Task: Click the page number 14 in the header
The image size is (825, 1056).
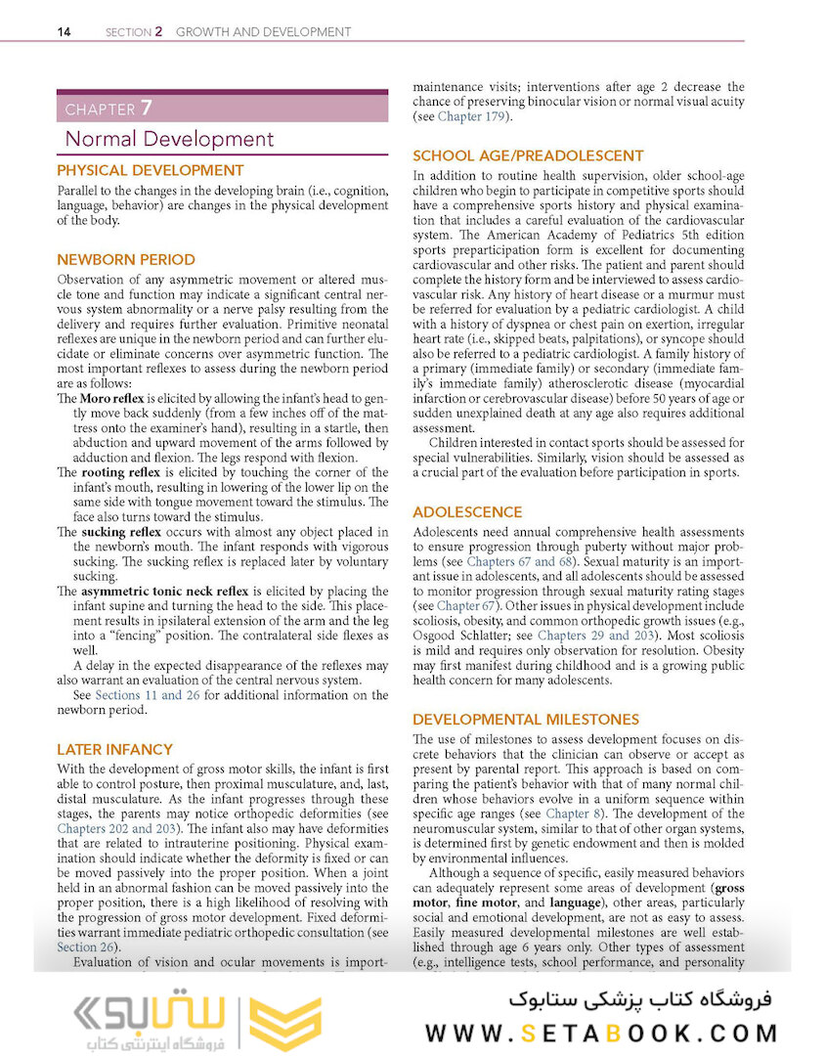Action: [x=64, y=31]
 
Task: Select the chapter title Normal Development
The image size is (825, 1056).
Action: [x=169, y=139]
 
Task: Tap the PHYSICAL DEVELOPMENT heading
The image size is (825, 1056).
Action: [x=150, y=170]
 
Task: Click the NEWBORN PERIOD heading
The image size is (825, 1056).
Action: [x=126, y=260]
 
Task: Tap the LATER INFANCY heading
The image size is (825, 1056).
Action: [x=114, y=750]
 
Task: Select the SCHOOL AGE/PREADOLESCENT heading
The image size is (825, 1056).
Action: [x=528, y=155]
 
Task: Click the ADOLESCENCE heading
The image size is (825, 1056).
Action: [x=467, y=512]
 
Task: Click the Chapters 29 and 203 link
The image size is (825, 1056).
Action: [x=595, y=636]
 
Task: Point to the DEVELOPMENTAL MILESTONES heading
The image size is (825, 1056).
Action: [x=526, y=720]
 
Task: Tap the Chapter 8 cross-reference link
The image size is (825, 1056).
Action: [x=567, y=814]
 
